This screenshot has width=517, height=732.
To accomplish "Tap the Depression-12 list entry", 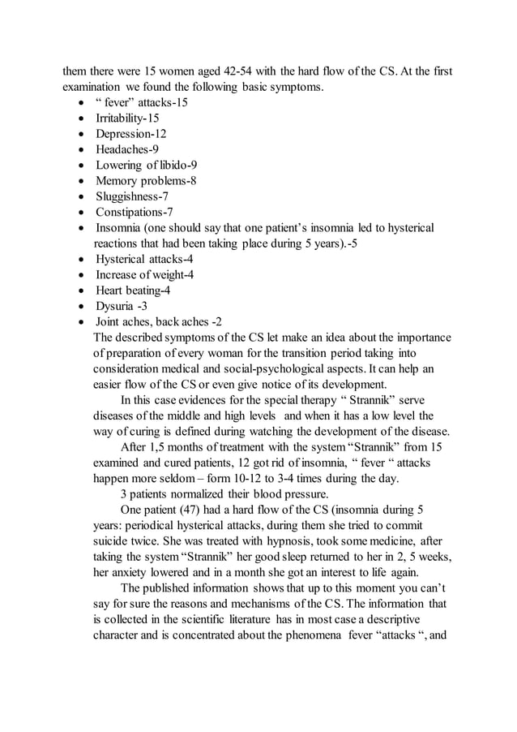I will click(131, 134).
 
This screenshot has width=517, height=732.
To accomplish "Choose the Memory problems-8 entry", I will click(146, 181).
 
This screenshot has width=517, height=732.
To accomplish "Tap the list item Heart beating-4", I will click(133, 291).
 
